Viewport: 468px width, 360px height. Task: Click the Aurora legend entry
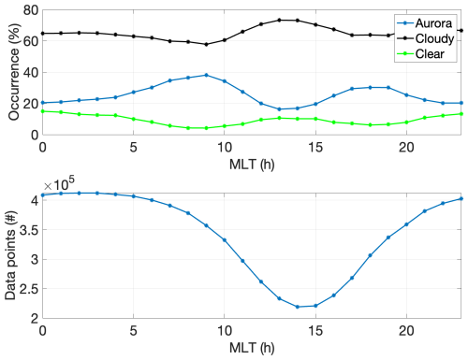point(425,23)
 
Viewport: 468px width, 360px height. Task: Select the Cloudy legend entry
point(426,38)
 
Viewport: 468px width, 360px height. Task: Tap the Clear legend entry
point(420,53)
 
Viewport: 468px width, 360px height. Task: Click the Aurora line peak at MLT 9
point(206,75)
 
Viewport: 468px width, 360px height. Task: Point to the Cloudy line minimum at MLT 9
point(206,44)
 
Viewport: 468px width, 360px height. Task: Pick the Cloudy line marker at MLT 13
point(279,21)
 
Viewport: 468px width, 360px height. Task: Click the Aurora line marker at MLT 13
point(279,109)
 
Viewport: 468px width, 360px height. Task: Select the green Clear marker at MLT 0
point(43,111)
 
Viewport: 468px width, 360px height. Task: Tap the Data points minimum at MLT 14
point(298,307)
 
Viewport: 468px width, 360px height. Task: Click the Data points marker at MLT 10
point(225,240)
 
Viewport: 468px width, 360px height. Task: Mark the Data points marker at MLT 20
point(406,224)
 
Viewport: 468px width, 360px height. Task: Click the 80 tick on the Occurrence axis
point(31,10)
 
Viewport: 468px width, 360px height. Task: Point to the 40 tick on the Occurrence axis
point(31,73)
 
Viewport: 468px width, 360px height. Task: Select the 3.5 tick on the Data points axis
point(29,230)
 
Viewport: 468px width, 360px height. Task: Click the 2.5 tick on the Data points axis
point(29,289)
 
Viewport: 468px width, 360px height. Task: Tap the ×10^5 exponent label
point(59,184)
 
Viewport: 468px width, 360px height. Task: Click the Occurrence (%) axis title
point(13,72)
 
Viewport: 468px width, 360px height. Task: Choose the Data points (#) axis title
point(10,255)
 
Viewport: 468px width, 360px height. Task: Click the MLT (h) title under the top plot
point(252,164)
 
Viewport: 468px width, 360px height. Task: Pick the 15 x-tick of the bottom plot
point(315,331)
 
